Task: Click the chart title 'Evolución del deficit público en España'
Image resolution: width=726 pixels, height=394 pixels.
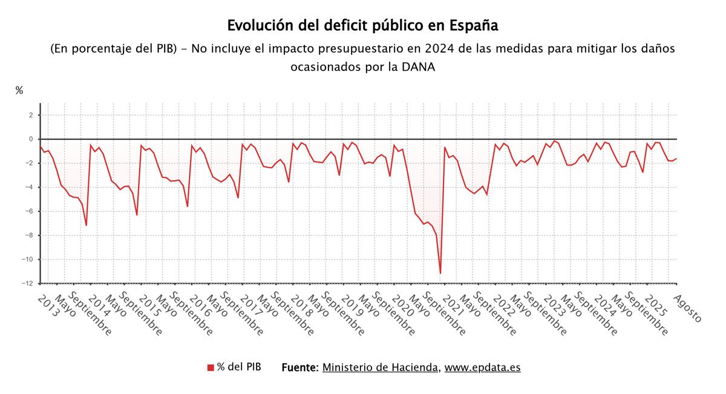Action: (362, 26)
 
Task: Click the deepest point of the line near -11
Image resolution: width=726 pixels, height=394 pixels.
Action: (440, 273)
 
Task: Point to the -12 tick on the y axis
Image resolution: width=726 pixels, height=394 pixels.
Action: (28, 283)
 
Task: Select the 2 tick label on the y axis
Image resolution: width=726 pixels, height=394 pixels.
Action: (30, 115)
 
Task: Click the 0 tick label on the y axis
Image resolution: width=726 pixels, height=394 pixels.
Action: (30, 139)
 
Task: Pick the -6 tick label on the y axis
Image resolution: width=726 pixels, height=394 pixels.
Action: (28, 211)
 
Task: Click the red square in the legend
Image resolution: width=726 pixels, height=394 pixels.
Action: (211, 367)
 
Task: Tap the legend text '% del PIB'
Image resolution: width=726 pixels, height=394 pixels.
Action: (240, 367)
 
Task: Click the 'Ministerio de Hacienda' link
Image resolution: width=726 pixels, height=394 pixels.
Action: (381, 367)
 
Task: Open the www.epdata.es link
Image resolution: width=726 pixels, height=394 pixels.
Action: (482, 367)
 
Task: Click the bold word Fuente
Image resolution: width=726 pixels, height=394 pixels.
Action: (300, 367)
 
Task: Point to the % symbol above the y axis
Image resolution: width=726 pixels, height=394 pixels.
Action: (19, 91)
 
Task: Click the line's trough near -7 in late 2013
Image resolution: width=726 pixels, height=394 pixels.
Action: (87, 225)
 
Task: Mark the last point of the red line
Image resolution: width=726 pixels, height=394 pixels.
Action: (676, 159)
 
